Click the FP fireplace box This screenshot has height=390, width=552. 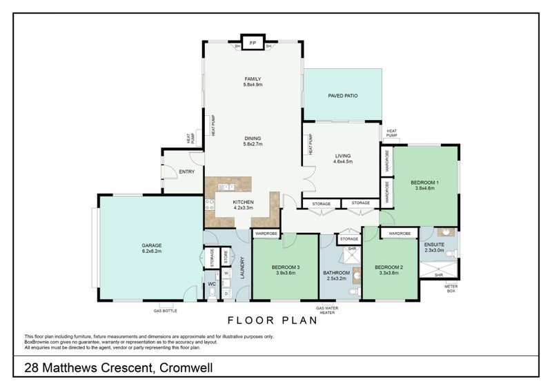[x=253, y=42]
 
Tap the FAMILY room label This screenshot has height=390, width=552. [x=253, y=81]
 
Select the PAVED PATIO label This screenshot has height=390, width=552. [x=342, y=95]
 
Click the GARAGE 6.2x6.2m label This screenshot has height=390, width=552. [x=151, y=248]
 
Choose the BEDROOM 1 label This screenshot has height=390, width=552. [x=424, y=184]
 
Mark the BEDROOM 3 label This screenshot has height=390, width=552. [x=285, y=269]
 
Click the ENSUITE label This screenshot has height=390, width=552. [x=434, y=247]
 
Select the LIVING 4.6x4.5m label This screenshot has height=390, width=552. [x=343, y=158]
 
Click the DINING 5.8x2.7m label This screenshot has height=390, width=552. [x=253, y=141]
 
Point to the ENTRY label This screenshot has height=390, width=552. [x=186, y=172]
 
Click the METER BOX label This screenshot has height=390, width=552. [x=451, y=289]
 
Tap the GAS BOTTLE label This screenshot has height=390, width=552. [x=166, y=311]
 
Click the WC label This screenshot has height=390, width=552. [x=212, y=283]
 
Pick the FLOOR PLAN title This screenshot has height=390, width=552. [x=272, y=320]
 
